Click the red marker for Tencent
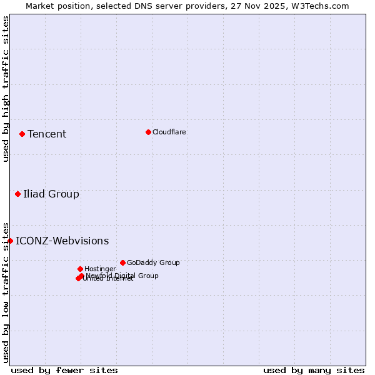(x=22, y=134)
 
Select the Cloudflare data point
(x=148, y=132)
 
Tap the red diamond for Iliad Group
(x=17, y=194)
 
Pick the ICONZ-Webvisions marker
(x=10, y=241)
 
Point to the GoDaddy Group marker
(x=122, y=262)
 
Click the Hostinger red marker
(x=80, y=269)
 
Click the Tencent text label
(x=47, y=134)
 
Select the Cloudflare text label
(x=169, y=132)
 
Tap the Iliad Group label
(x=51, y=194)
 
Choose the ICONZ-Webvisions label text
(x=62, y=241)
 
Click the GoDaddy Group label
(x=153, y=262)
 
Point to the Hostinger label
(x=100, y=269)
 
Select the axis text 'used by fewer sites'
(x=64, y=370)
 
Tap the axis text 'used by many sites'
(x=314, y=370)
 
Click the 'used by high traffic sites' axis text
(x=6, y=89)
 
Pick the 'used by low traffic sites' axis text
(x=6, y=292)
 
